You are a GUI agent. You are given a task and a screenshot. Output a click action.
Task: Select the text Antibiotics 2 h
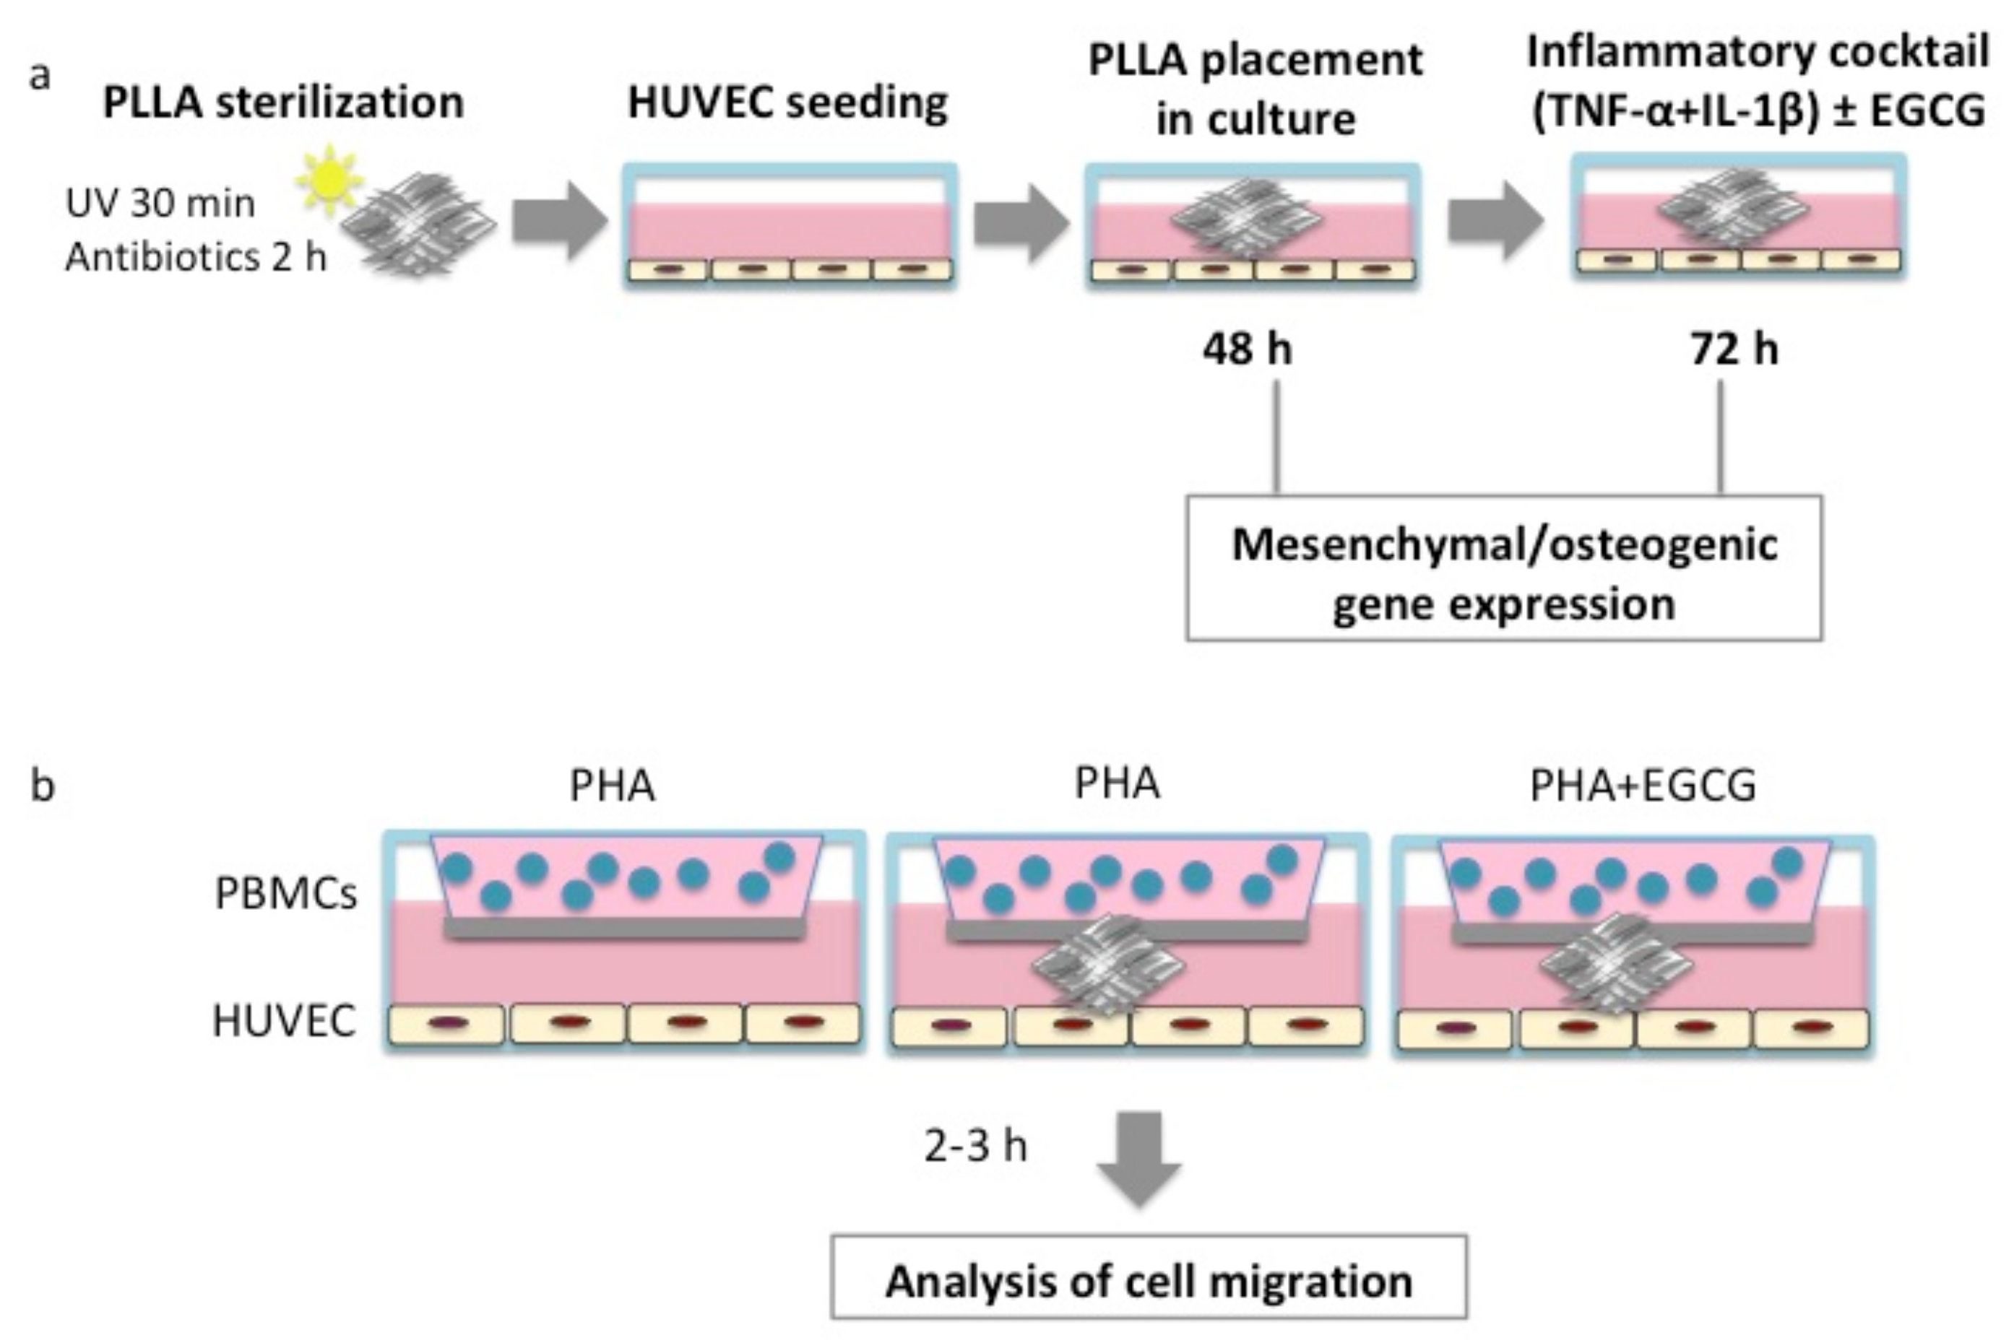[x=195, y=256]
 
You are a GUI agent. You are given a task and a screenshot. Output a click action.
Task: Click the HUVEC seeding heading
[x=787, y=102]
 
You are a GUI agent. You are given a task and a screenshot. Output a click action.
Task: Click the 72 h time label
[x=1733, y=349]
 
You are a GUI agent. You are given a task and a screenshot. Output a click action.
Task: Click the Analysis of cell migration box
[x=1148, y=1282]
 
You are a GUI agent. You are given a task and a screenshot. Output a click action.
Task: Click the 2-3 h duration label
[x=975, y=1145]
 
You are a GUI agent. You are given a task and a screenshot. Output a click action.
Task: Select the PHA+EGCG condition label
[x=1642, y=786]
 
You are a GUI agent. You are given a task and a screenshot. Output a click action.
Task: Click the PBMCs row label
[x=285, y=893]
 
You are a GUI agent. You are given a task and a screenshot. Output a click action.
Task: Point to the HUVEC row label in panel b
[x=284, y=1020]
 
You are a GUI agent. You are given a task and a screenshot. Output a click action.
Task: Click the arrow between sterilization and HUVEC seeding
[x=559, y=222]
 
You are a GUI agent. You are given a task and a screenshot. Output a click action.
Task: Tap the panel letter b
[x=43, y=785]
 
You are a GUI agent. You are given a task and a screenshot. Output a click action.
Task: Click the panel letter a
[x=40, y=75]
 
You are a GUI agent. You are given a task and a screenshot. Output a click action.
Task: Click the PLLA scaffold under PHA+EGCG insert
[x=1616, y=965]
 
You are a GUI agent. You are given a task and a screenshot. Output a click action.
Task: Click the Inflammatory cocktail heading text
[x=1757, y=82]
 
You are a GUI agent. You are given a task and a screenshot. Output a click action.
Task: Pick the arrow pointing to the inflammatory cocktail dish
[x=1494, y=222]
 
